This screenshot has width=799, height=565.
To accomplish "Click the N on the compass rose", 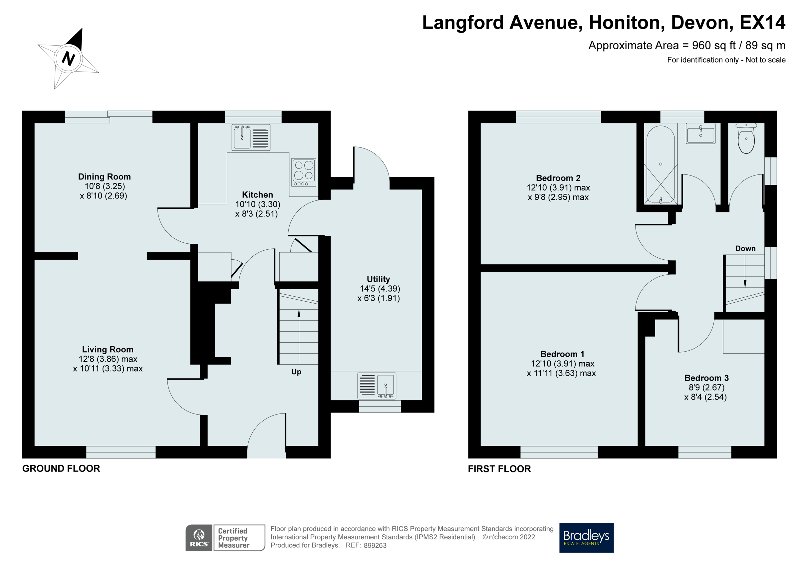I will pos(69,58).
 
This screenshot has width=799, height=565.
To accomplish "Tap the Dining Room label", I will pos(104,177).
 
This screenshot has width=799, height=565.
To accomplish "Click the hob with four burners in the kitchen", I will pos(304,172).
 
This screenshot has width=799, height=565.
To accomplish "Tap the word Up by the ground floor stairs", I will pos(296,372).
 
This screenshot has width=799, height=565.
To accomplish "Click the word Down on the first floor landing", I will pos(745,249).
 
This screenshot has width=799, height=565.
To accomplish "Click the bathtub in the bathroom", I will pos(660,164).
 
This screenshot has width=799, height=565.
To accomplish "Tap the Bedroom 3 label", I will pos(706,378).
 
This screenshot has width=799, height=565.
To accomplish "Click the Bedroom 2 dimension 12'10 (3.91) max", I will pos(558,188).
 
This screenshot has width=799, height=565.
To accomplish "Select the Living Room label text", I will pos(108,350).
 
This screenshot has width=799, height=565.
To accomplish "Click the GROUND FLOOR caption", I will pos(61,468).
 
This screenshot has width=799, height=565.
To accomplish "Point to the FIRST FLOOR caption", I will pos(499,469).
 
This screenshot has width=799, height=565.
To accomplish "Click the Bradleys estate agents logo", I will pos(586,537).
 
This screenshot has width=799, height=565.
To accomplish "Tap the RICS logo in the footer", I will pos(199,538).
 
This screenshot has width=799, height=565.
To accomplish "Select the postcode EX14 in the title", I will pos(762,23).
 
